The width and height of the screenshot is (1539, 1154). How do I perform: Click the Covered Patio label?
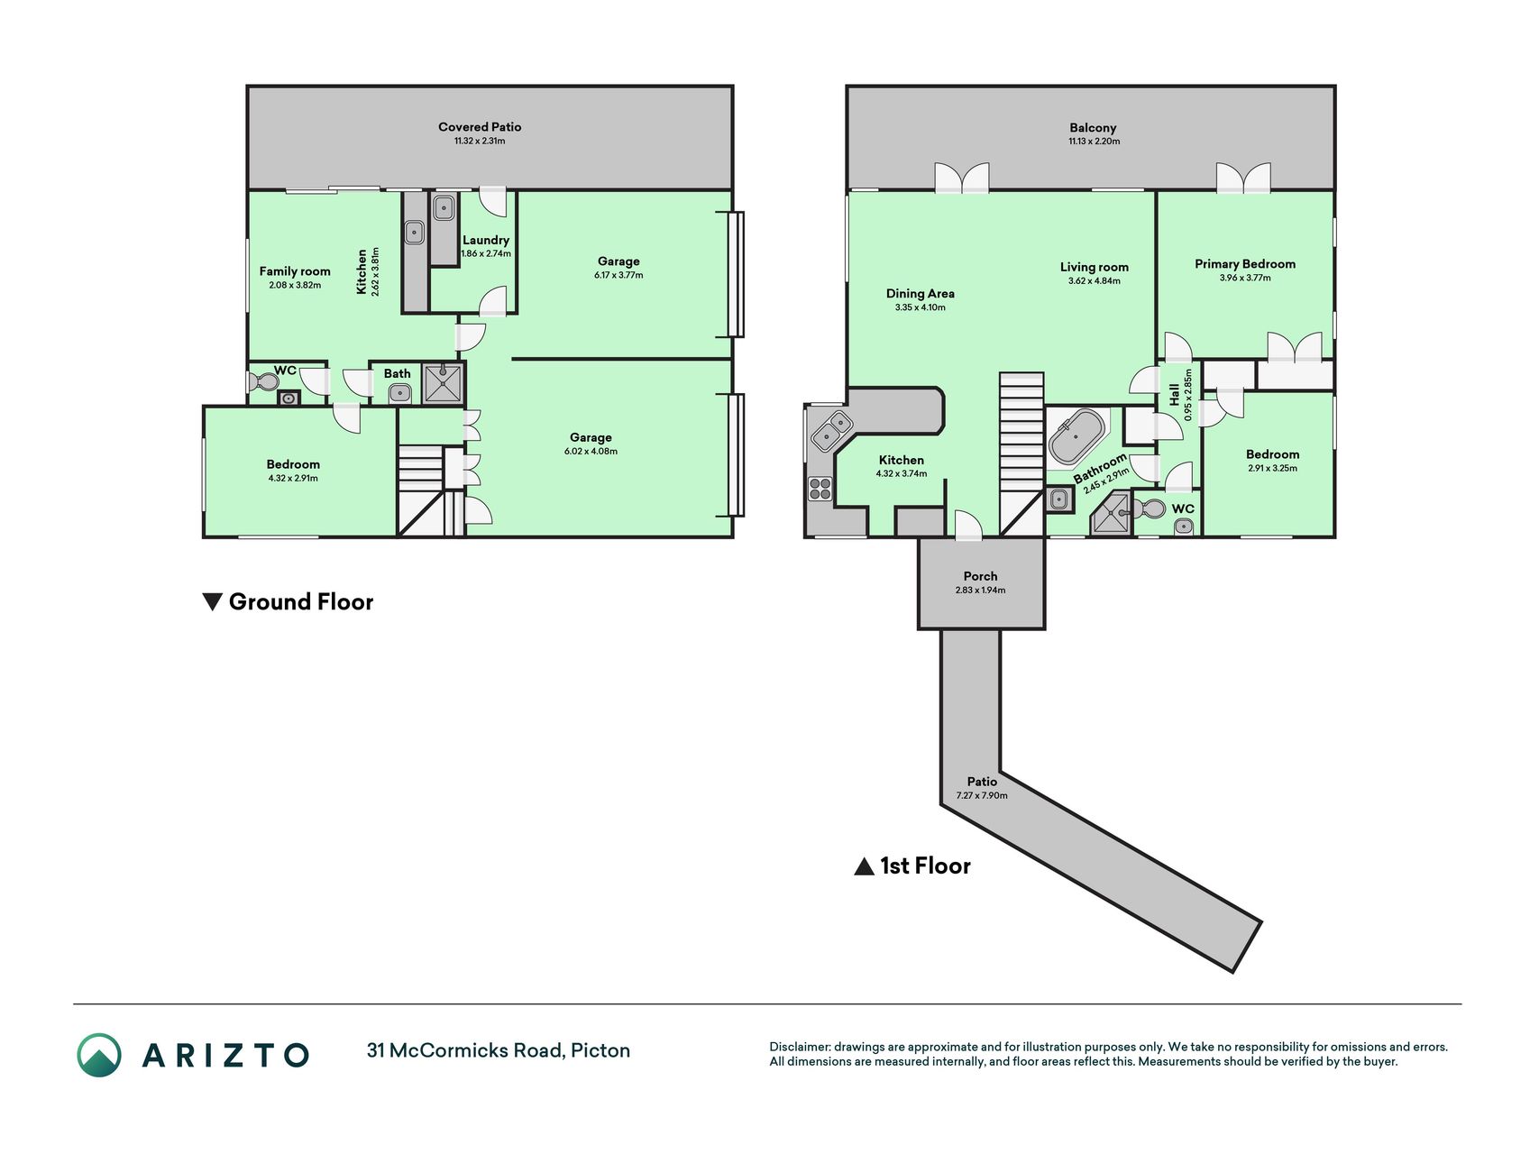point(480,127)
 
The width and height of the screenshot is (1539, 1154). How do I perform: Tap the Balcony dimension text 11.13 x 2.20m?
point(1094,142)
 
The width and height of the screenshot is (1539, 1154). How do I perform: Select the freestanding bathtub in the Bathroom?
point(1077,437)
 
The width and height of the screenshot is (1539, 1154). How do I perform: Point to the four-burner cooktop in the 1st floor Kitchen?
point(820,489)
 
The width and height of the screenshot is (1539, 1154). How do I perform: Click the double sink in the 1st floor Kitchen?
point(831,431)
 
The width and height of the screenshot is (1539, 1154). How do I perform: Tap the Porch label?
point(980,576)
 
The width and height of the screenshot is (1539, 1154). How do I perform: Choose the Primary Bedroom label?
point(1245,264)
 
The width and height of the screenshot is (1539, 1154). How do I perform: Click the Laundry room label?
point(486,240)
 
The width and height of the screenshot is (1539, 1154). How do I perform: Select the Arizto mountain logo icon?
point(99,1055)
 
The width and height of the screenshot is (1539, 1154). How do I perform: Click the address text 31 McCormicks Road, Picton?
point(499,1050)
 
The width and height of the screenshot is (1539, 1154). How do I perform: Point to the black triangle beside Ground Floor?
point(212,601)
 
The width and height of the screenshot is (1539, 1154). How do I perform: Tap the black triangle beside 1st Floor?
point(864,866)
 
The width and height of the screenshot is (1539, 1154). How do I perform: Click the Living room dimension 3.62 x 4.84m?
point(1095,281)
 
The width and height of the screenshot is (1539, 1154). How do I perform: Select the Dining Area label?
point(920,293)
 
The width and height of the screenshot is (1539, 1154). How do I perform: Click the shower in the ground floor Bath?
point(444,382)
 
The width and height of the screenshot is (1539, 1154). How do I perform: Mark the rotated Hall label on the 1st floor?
point(1174,394)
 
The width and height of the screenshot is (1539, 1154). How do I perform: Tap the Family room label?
point(295,271)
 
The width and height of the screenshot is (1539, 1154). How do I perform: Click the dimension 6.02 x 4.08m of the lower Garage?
point(591,452)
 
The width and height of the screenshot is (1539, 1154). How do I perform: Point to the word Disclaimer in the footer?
point(799,1047)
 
